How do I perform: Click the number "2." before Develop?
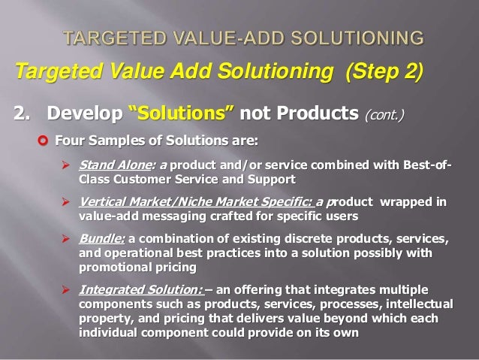[23, 114]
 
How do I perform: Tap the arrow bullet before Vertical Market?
[65, 203]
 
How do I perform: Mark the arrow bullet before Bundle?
[65, 240]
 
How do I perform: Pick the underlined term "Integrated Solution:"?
[140, 290]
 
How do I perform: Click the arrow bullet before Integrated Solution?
[65, 290]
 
